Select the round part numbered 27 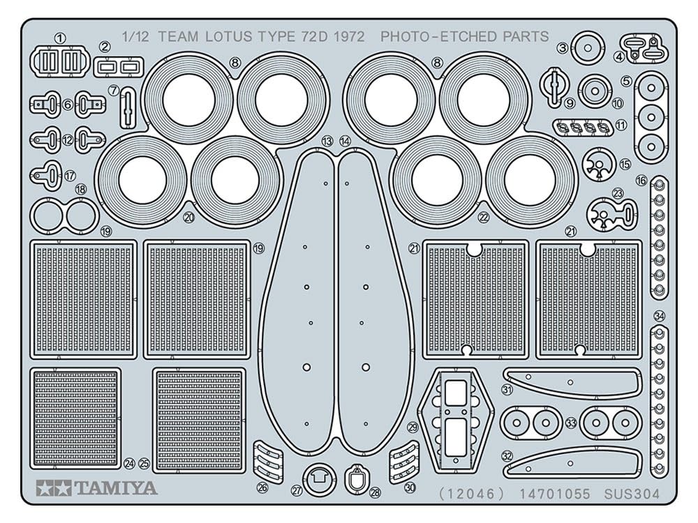pyautogui.click(x=320, y=479)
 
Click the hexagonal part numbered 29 pyautogui.click(x=454, y=416)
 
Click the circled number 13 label pyautogui.click(x=327, y=142)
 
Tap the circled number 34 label pyautogui.click(x=659, y=316)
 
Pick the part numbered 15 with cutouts pyautogui.click(x=598, y=163)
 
